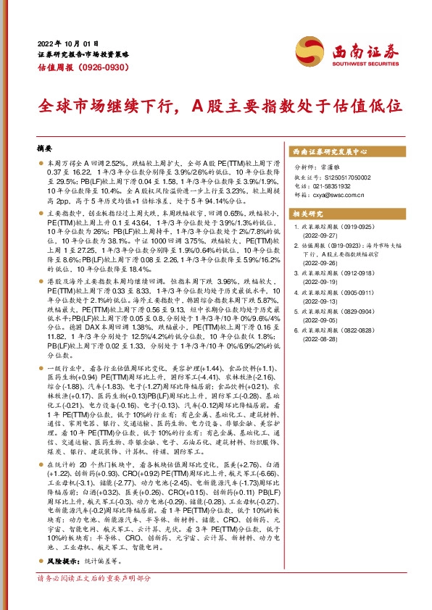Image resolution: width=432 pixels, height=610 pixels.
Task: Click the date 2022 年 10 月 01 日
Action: [x=66, y=43]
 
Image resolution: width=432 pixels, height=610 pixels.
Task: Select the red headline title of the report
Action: [x=219, y=106]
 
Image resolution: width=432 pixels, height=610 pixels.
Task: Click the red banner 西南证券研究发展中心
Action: [x=331, y=152]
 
